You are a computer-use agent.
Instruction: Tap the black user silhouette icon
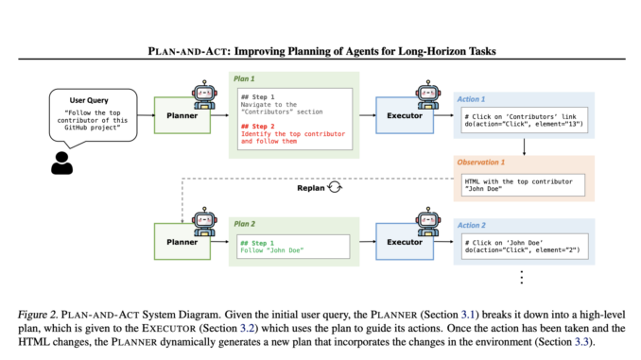pyautogui.click(x=61, y=163)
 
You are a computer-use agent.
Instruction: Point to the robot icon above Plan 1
pyautogui.click(x=204, y=93)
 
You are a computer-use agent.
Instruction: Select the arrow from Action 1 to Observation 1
pyautogui.click(x=523, y=145)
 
